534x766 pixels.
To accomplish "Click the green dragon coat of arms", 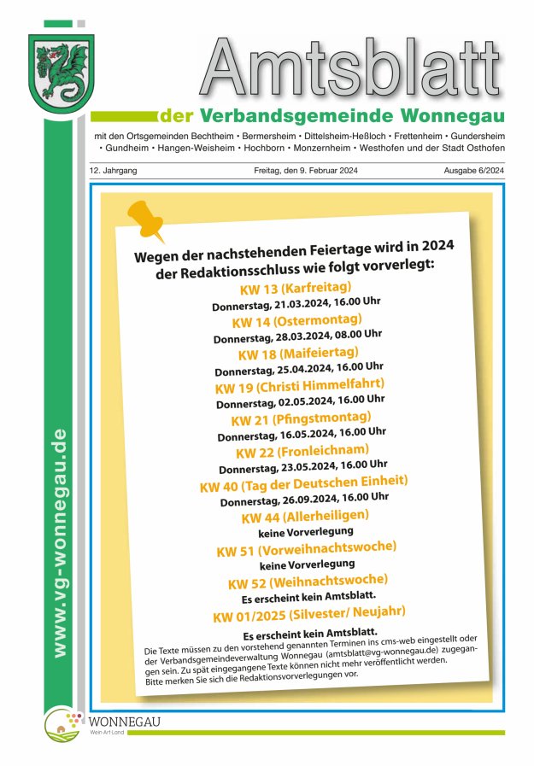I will click(x=61, y=69).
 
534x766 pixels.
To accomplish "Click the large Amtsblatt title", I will click(x=351, y=70).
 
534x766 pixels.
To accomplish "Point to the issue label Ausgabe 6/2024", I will click(x=473, y=171).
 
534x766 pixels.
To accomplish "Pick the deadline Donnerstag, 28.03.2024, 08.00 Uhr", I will click(x=297, y=336).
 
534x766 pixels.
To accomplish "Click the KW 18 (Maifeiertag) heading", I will click(x=298, y=353).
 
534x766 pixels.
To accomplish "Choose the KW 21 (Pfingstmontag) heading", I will click(x=301, y=418).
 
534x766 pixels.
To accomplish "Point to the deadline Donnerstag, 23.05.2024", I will click(x=303, y=466).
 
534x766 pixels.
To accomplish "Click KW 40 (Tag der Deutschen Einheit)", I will click(x=303, y=483).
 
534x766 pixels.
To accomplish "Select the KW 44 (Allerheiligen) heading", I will click(x=305, y=516).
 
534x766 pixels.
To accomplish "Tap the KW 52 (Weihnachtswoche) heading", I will click(x=308, y=581).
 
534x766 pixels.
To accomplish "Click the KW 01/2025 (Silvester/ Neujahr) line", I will click(x=308, y=613).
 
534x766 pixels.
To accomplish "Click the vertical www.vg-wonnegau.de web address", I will click(x=59, y=543).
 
